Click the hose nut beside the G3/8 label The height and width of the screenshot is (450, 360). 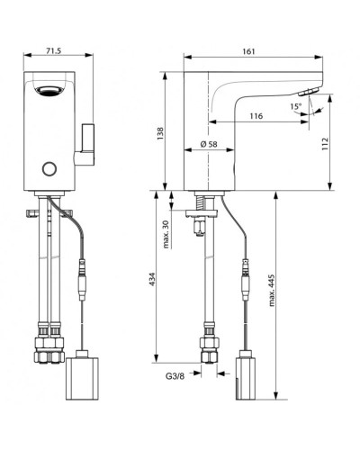(x=209, y=346)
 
